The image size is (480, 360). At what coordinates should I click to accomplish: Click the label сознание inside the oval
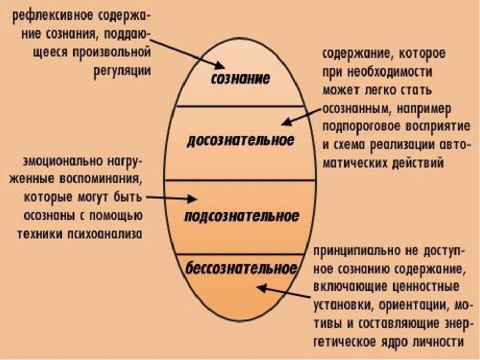pyautogui.click(x=240, y=78)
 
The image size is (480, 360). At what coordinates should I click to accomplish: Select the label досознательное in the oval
pyautogui.click(x=240, y=141)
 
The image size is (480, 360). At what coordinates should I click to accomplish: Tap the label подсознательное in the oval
pyautogui.click(x=241, y=216)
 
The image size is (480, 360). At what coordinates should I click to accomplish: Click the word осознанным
pyautogui.click(x=356, y=108)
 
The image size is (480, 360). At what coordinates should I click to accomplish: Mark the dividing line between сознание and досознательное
pyautogui.click(x=240, y=106)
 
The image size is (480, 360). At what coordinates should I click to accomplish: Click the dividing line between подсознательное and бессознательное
pyautogui.click(x=240, y=253)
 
